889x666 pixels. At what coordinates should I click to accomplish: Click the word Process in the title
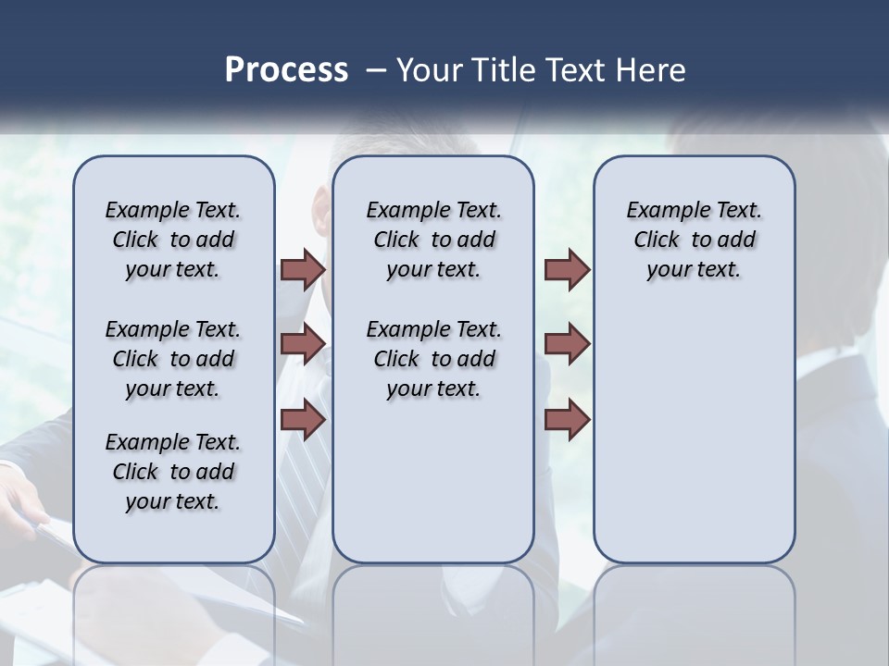pos(286,70)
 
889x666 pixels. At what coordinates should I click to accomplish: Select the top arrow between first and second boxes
pos(303,269)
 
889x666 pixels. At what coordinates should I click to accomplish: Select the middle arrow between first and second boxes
pos(303,344)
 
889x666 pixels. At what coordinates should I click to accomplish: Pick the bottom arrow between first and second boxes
pos(303,419)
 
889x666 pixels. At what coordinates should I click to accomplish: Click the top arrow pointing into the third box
pos(567,269)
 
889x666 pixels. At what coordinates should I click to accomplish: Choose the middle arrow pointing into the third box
pos(567,344)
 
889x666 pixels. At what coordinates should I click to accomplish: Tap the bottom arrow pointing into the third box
pos(567,419)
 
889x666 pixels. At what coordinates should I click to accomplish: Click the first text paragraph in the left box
pos(173,240)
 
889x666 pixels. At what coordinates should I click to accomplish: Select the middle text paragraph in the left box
pos(173,359)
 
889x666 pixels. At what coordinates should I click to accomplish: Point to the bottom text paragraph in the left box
pos(173,472)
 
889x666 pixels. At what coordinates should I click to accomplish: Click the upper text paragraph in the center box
pos(433,240)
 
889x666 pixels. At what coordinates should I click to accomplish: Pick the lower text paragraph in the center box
pos(433,359)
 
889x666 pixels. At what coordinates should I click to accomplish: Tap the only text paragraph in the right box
pos(694,240)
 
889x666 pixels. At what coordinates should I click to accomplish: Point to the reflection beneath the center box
pos(433,610)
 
